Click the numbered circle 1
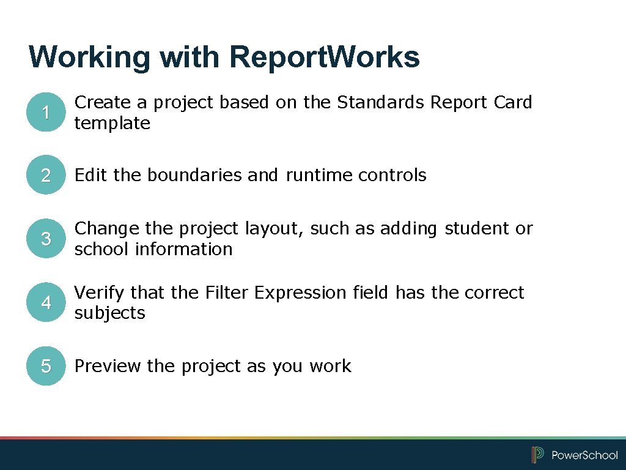click(46, 113)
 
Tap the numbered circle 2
click(46, 176)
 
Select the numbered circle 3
click(46, 239)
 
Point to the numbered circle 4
click(46, 303)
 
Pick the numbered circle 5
click(46, 367)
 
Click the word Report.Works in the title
click(325, 57)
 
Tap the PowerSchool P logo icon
click(538, 455)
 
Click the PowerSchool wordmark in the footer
click(584, 455)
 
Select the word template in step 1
click(112, 124)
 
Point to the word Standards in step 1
click(381, 102)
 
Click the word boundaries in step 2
click(195, 176)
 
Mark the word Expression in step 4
click(301, 293)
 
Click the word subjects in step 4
click(109, 313)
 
